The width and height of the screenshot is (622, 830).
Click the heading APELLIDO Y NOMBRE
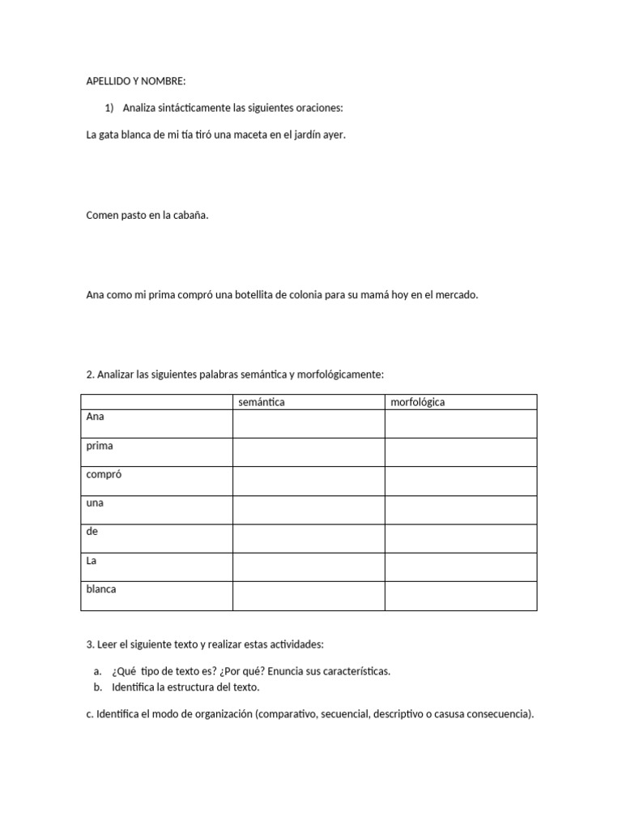click(x=136, y=82)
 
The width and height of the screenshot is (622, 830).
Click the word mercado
click(x=457, y=295)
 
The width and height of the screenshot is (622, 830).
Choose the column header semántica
click(x=262, y=402)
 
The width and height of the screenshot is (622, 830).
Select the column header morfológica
click(x=418, y=402)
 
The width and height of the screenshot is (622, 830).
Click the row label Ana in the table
click(x=96, y=417)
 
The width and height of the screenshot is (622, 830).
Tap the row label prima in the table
click(x=100, y=446)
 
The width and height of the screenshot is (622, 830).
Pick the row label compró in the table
click(x=104, y=474)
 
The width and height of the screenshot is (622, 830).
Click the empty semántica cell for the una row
click(x=309, y=510)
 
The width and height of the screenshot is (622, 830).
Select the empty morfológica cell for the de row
click(x=460, y=538)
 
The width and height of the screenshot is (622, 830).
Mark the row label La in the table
click(x=92, y=560)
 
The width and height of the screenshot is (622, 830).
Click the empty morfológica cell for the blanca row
click(x=460, y=596)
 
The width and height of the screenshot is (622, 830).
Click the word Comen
click(x=102, y=215)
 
